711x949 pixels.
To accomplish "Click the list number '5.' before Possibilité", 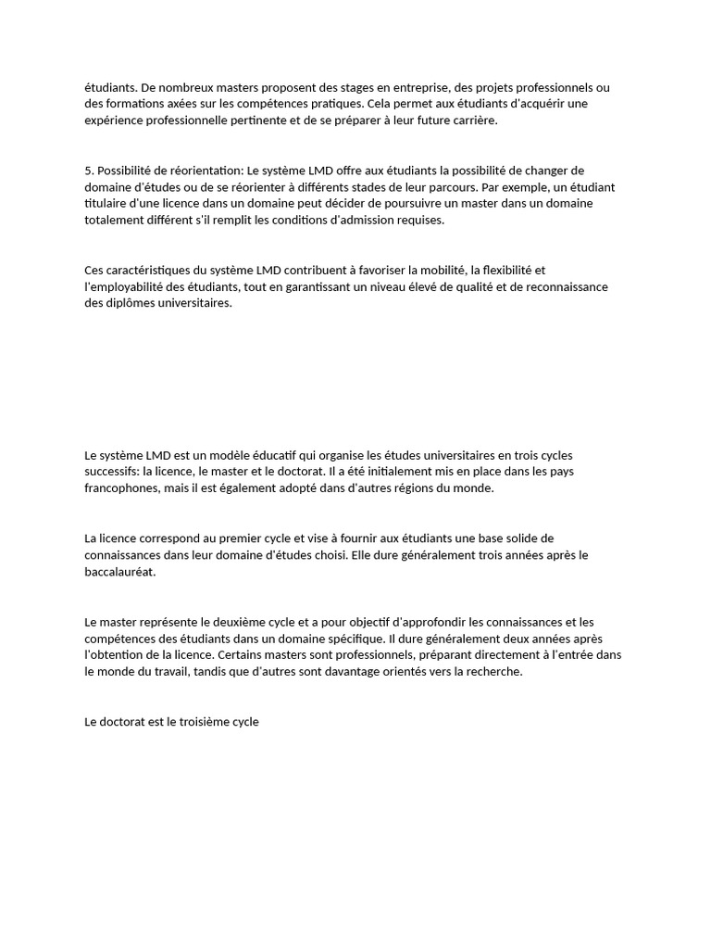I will (x=89, y=171).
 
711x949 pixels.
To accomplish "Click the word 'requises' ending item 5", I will (x=421, y=221).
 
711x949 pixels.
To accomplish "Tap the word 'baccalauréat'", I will (x=119, y=572).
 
